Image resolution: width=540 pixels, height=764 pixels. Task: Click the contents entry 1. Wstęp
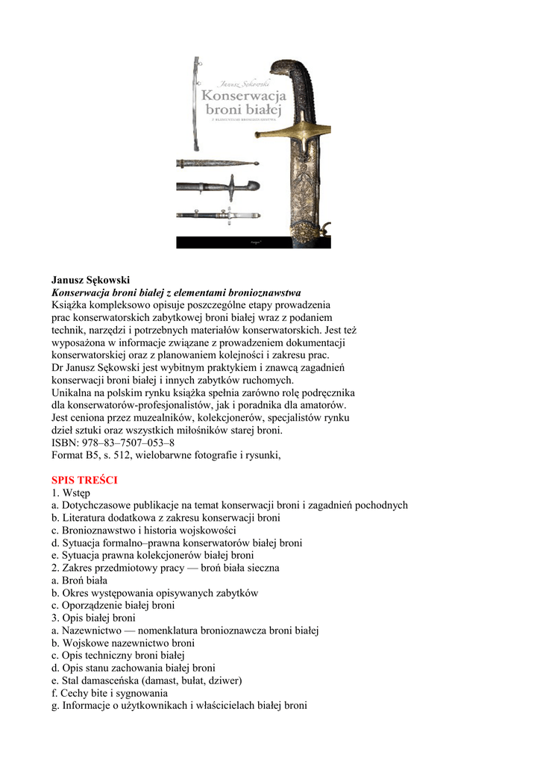point(71,492)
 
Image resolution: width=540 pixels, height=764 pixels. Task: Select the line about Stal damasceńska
point(147,680)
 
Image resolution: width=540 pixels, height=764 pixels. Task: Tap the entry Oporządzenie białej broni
point(113,605)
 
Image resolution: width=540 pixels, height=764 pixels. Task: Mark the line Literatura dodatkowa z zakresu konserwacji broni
point(166,517)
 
